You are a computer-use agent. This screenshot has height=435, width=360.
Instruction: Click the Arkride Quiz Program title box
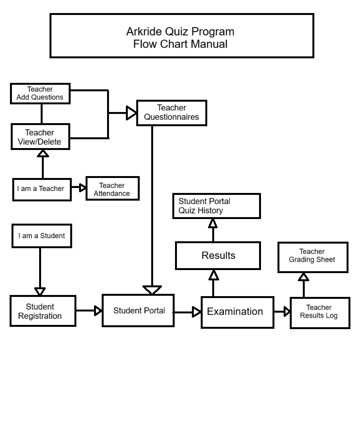[x=182, y=36]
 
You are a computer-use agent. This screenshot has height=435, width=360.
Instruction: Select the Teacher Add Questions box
[x=40, y=94]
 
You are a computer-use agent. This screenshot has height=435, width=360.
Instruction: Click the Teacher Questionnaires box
[x=172, y=113]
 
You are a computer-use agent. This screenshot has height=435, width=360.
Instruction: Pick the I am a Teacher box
[x=41, y=189]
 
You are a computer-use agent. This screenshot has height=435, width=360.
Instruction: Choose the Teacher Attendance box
[x=112, y=189]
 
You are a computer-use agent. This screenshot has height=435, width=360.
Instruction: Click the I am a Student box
[x=42, y=236]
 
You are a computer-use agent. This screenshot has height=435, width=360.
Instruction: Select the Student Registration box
[x=42, y=311]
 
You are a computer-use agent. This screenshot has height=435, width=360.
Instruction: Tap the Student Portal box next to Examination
[x=138, y=311]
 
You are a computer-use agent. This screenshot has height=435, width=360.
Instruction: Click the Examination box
[x=237, y=312]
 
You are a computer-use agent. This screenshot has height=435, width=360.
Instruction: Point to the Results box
[x=218, y=255]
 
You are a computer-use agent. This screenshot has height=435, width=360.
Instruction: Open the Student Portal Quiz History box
[x=216, y=206]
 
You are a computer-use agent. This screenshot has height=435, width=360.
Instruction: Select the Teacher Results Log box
[x=319, y=312]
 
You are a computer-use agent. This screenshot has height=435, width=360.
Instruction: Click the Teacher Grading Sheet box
[x=312, y=257]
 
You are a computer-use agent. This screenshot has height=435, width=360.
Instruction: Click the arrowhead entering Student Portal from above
[x=152, y=290]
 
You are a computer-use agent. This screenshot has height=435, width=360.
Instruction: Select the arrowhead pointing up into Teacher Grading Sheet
[x=304, y=277]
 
